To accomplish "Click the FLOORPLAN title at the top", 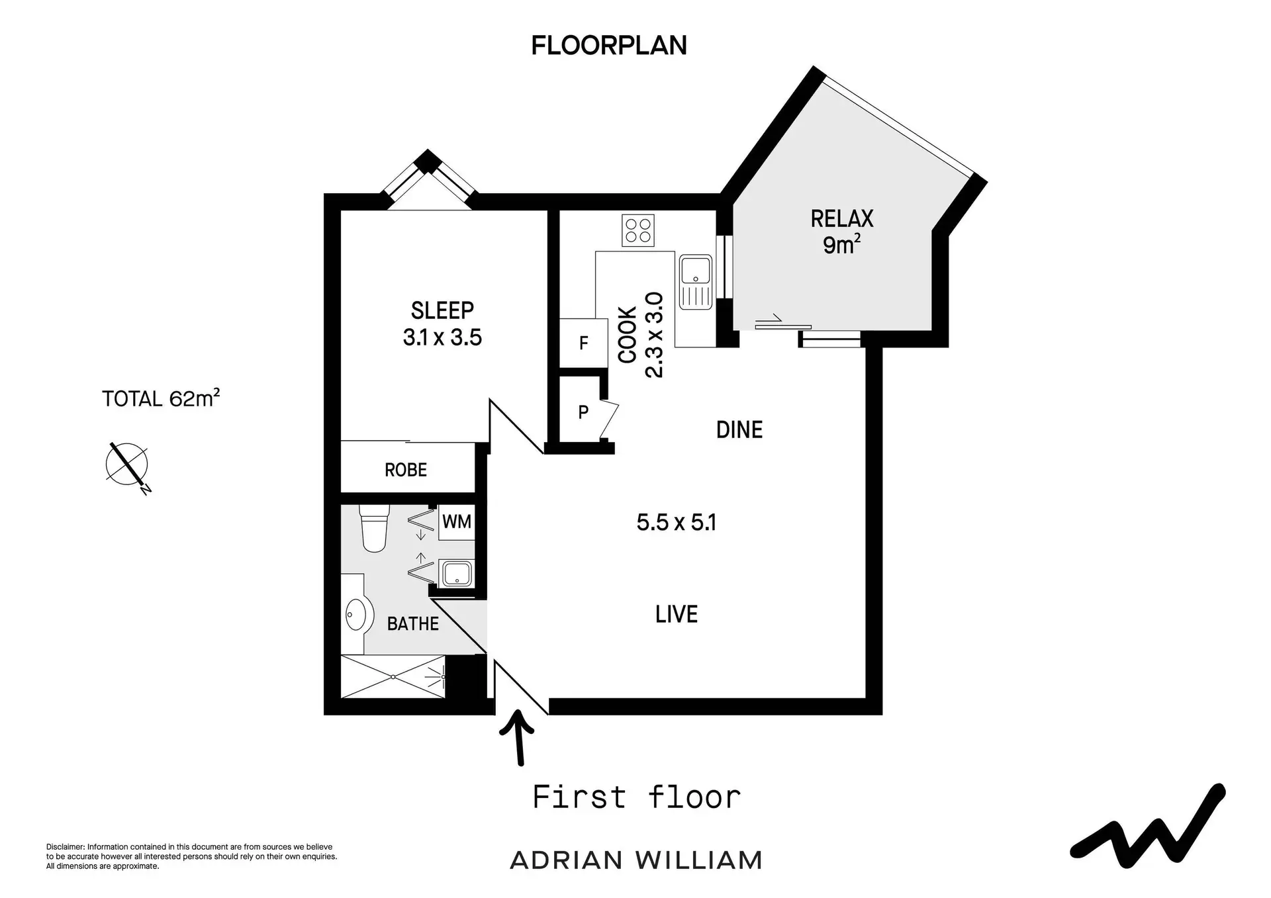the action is pyautogui.click(x=609, y=45).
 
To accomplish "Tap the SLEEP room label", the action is pyautogui.click(x=442, y=310).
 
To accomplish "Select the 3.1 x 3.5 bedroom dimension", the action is pyautogui.click(x=442, y=337).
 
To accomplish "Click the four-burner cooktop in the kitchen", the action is pyautogui.click(x=638, y=230).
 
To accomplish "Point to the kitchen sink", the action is pyautogui.click(x=696, y=282).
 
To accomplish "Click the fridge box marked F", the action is pyautogui.click(x=584, y=343).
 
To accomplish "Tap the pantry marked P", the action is pyautogui.click(x=583, y=412).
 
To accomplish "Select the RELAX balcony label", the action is pyautogui.click(x=842, y=218).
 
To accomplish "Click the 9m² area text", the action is pyautogui.click(x=842, y=245).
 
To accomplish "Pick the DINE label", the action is pyautogui.click(x=739, y=430).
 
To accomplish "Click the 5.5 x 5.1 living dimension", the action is pyautogui.click(x=677, y=523).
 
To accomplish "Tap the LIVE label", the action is pyautogui.click(x=677, y=614).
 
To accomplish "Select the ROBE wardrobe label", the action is pyautogui.click(x=406, y=470).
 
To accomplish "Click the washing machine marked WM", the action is pyautogui.click(x=457, y=521).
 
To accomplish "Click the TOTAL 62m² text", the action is pyautogui.click(x=161, y=398).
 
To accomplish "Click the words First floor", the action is pyautogui.click(x=637, y=797).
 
